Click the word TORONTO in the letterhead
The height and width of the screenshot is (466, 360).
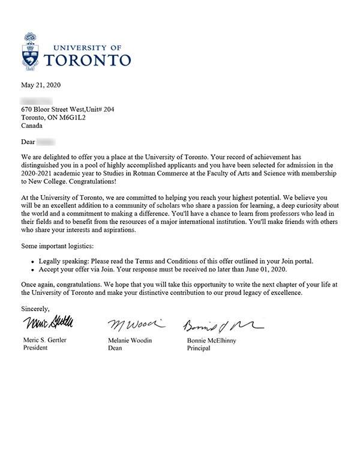[x=88, y=60]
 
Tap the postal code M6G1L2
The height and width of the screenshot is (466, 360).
[x=72, y=118]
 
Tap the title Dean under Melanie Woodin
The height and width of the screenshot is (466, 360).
[x=117, y=348]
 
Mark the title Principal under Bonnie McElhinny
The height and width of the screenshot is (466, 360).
[x=199, y=348]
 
